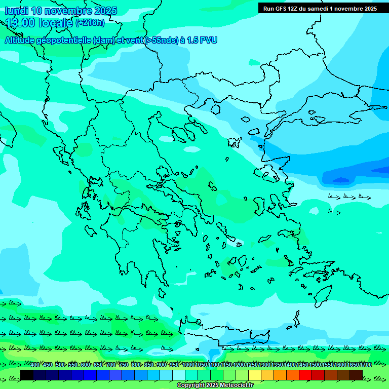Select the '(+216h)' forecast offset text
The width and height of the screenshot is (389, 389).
90,23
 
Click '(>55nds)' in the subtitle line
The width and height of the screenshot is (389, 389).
161,40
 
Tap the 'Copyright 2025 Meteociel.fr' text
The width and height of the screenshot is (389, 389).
215,385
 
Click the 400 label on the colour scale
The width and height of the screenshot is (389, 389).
35,365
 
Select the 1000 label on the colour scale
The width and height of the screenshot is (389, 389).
188,365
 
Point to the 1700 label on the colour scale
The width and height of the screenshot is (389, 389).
366,365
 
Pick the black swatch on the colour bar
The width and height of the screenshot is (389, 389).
26,375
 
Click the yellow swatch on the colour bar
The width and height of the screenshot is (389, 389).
255,375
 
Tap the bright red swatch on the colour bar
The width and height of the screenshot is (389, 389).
305,375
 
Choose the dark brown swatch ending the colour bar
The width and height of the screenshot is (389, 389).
356,375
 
